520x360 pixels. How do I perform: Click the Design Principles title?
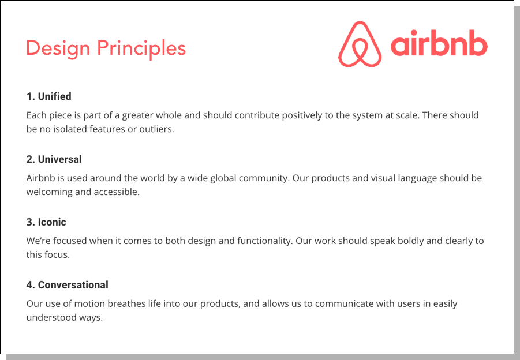(x=106, y=48)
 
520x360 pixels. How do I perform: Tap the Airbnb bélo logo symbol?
(x=360, y=44)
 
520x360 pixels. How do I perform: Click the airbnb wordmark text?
(x=439, y=44)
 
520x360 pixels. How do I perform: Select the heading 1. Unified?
(x=49, y=96)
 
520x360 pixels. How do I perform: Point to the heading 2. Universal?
(x=54, y=159)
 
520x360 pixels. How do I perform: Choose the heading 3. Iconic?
(x=46, y=222)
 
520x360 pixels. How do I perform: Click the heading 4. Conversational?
(x=68, y=285)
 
